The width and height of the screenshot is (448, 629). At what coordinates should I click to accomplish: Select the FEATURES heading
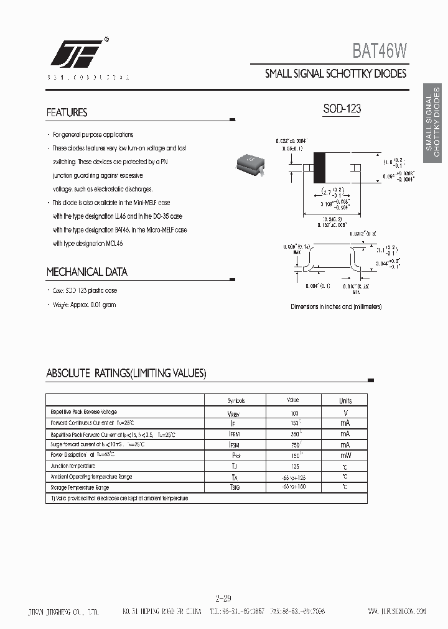67,113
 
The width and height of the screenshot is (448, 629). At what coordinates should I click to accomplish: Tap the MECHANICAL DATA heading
86,272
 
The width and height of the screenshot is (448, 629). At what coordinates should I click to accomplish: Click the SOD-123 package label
342,109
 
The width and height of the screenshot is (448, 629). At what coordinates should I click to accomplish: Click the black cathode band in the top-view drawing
321,167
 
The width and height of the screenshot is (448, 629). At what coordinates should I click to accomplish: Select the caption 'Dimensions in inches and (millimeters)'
336,306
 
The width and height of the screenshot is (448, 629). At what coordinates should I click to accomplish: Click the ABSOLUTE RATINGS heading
126,374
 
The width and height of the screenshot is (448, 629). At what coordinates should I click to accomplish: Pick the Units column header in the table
345,401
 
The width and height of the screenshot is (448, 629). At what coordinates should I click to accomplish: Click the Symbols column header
236,401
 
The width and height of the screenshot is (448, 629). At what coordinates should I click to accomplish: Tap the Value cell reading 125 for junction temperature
294,466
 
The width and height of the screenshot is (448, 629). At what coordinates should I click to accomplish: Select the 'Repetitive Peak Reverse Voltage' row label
83,412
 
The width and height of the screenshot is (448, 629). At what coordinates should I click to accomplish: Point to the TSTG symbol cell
235,488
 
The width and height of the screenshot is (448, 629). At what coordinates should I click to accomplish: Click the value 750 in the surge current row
294,444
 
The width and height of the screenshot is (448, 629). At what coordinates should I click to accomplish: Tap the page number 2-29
223,599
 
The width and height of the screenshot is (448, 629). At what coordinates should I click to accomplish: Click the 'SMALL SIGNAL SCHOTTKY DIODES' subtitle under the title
335,73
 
